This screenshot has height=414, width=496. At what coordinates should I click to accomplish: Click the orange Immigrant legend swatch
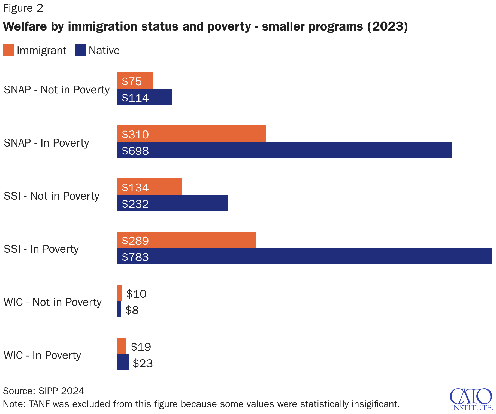(x=8, y=50)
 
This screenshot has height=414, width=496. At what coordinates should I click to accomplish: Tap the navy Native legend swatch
(x=80, y=50)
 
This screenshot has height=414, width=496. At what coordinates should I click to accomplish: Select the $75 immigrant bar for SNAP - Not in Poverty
(x=135, y=81)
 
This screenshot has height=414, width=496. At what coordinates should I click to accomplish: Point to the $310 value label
(x=135, y=134)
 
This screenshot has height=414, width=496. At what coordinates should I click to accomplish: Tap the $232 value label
(x=135, y=204)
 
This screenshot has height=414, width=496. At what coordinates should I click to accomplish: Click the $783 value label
(x=135, y=257)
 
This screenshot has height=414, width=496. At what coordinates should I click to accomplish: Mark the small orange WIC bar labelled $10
(x=120, y=293)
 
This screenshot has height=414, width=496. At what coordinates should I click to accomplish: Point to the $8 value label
(x=132, y=310)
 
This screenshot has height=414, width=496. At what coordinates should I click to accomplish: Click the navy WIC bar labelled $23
(x=123, y=362)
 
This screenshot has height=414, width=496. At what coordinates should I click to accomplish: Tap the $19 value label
(x=141, y=347)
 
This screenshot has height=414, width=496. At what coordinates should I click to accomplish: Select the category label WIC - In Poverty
(x=42, y=355)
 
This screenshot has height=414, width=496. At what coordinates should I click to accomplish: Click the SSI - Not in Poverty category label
(x=52, y=196)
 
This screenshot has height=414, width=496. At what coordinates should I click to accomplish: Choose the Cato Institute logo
(x=471, y=399)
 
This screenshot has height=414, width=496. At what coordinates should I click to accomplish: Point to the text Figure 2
(x=23, y=8)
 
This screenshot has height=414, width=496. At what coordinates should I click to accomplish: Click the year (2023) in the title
(x=387, y=26)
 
